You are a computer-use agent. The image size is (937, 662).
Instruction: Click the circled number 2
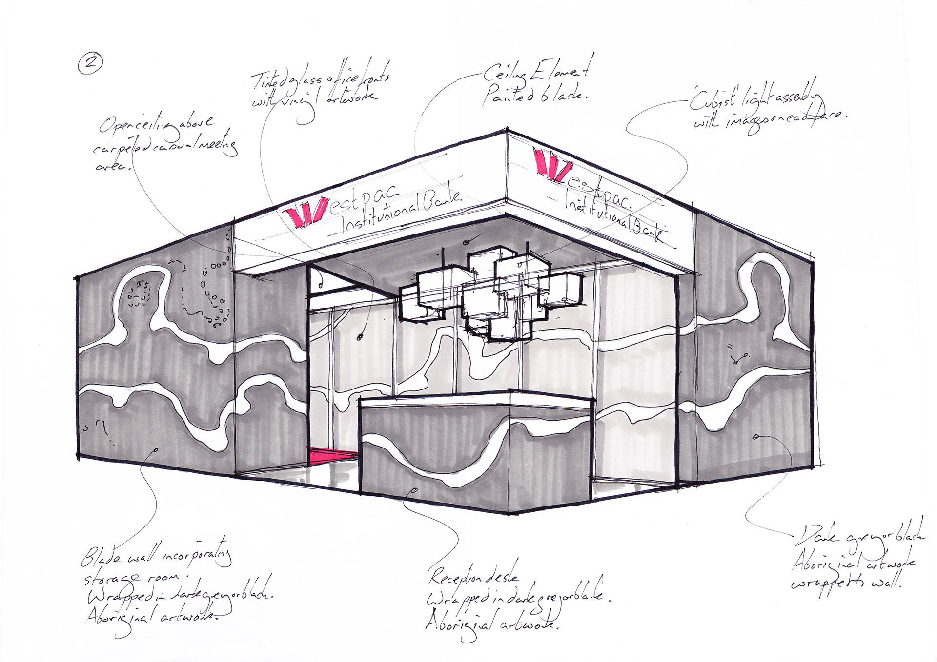(x=90, y=64)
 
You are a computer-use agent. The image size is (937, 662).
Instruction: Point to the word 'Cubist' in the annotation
(x=713, y=99)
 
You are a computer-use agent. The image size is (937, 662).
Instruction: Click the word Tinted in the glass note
(x=267, y=81)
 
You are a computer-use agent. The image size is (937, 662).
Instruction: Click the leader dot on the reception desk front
(x=414, y=489)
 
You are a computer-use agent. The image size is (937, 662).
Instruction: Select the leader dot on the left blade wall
(x=156, y=450)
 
